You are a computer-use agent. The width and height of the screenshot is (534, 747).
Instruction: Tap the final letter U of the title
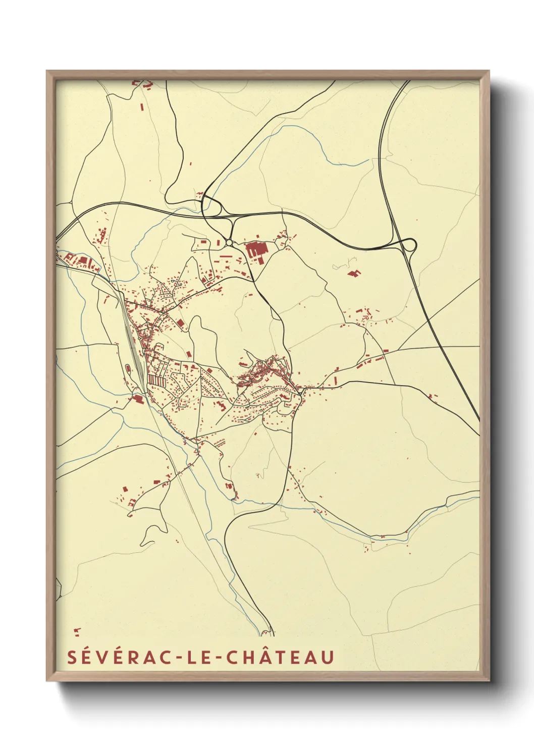328,657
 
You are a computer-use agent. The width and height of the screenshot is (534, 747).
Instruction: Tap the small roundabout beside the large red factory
229,243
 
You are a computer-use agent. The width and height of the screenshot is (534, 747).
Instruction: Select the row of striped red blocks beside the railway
156,380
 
